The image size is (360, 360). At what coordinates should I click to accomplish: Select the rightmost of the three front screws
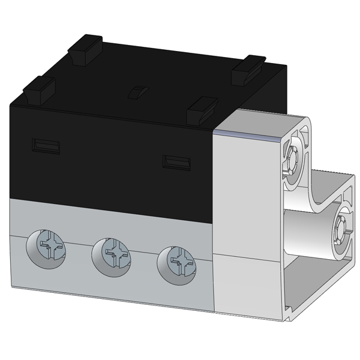tap(174, 260)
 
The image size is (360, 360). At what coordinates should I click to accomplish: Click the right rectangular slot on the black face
tap(177, 161)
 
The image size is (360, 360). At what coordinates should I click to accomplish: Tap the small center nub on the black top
tap(137, 92)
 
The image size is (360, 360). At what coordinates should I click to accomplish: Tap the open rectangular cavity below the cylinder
tap(309, 281)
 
